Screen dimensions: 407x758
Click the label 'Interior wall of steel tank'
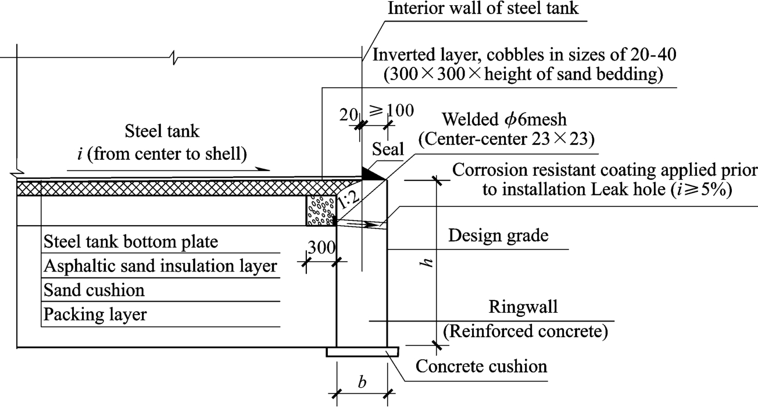[483, 9]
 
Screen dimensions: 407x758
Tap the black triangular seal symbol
[370, 173]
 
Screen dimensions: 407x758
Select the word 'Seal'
[388, 149]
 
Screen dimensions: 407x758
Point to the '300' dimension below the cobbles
[321, 248]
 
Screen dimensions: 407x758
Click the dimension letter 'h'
[428, 262]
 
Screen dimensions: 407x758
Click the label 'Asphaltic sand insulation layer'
[160, 266]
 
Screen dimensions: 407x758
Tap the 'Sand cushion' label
[94, 290]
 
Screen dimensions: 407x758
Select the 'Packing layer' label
[95, 315]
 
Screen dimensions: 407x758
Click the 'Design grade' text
[499, 235]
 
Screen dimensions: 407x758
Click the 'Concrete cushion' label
[481, 367]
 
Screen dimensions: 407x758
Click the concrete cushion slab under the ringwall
[362, 352]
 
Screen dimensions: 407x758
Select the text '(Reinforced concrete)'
[525, 331]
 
